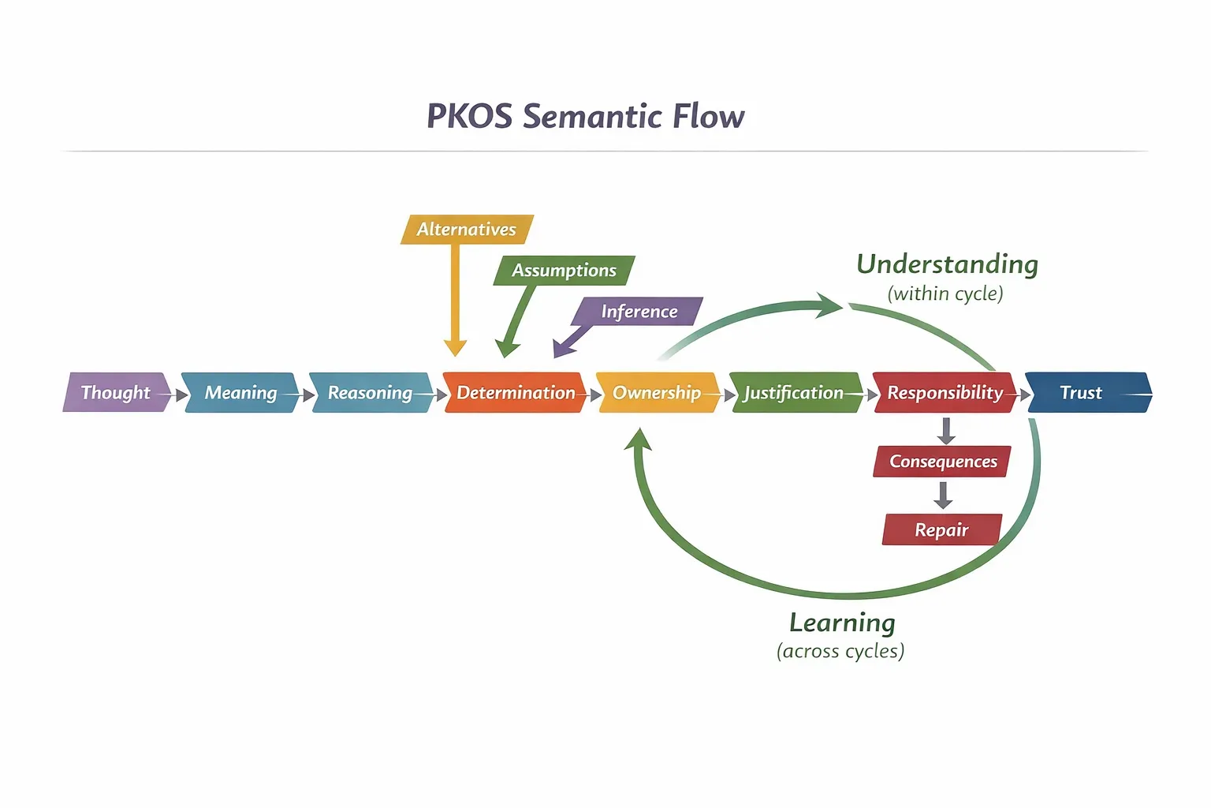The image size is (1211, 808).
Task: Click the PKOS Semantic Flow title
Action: click(x=585, y=116)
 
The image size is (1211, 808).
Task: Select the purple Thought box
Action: click(x=116, y=392)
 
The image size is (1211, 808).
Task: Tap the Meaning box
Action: click(x=240, y=392)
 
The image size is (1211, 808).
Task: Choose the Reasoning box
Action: click(x=370, y=392)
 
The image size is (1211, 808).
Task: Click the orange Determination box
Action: click(x=516, y=392)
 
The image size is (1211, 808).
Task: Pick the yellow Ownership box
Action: click(x=657, y=392)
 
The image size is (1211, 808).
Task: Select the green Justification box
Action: click(x=793, y=392)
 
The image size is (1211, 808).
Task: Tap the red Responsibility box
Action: click(x=945, y=392)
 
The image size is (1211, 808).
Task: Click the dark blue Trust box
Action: click(x=1082, y=392)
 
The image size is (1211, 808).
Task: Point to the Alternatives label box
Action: click(x=466, y=230)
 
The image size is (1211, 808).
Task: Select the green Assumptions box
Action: click(x=564, y=271)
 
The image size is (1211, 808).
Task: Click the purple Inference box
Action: click(x=639, y=312)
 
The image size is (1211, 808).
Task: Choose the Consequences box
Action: click(x=943, y=462)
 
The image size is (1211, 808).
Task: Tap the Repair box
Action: click(x=941, y=530)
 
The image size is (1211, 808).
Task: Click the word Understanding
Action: click(x=947, y=264)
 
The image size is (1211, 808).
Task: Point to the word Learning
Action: click(x=842, y=623)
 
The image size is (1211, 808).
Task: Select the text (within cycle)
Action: click(x=945, y=294)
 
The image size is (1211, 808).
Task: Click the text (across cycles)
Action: click(x=840, y=652)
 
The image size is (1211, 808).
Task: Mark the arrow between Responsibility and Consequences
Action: click(x=946, y=430)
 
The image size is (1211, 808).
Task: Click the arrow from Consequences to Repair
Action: click(x=943, y=495)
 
